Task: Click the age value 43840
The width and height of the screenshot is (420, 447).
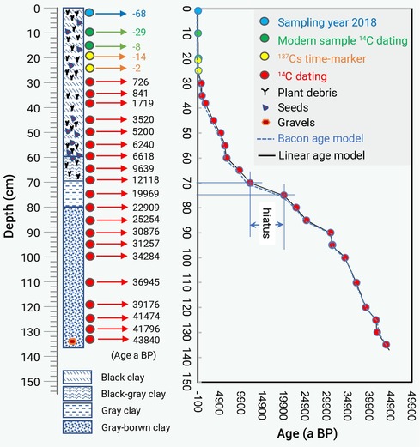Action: [146, 340]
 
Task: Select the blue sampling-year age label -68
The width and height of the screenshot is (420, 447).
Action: [139, 14]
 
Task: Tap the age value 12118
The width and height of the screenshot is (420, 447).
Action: [146, 180]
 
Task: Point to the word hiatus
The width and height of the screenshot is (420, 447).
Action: [266, 223]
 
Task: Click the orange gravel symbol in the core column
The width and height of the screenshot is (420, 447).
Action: [72, 341]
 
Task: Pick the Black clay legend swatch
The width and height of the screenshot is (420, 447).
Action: [77, 377]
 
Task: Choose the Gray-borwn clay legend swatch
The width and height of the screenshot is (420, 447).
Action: [77, 427]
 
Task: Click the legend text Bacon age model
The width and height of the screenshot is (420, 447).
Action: [320, 138]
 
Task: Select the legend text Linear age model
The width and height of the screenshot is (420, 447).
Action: [322, 155]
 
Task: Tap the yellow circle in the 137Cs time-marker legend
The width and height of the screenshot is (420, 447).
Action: [265, 57]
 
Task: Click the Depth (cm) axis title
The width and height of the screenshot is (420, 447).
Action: [9, 206]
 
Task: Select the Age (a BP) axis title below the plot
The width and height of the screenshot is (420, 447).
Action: [307, 433]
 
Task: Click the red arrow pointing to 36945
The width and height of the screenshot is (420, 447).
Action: [112, 282]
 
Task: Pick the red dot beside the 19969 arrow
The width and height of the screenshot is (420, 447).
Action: [90, 194]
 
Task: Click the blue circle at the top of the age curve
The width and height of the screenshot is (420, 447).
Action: [198, 11]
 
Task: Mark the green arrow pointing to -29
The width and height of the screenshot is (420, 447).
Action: [111, 32]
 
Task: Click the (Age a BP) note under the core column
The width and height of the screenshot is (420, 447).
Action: [133, 355]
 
